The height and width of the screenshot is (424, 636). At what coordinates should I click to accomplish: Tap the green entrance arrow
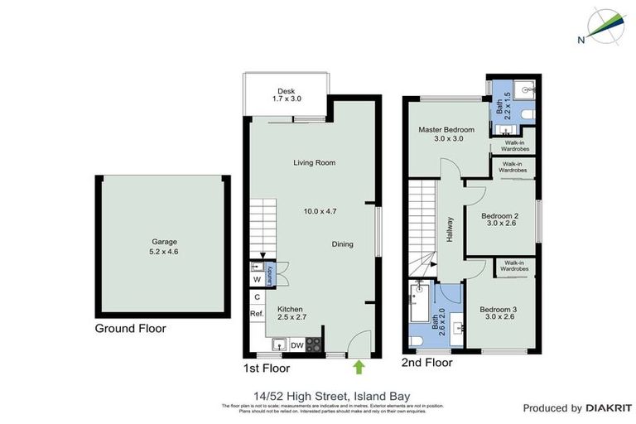[358, 364]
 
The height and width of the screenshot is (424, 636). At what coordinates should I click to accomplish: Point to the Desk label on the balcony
[287, 91]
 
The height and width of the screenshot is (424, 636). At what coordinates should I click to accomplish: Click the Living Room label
[314, 162]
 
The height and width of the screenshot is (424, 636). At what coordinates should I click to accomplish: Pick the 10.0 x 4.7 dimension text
[320, 211]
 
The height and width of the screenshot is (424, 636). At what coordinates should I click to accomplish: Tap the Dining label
[342, 244]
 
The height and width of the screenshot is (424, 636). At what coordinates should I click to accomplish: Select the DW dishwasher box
[296, 344]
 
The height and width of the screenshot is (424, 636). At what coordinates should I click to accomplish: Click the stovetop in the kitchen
[314, 344]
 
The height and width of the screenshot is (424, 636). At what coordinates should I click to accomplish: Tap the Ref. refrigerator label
[257, 314]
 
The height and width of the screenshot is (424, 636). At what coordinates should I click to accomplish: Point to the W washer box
[257, 280]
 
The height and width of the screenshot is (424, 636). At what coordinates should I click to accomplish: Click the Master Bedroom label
[446, 130]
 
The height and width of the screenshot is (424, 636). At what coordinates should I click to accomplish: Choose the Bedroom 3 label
[499, 310]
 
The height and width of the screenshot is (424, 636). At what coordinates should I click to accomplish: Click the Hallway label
[450, 229]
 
